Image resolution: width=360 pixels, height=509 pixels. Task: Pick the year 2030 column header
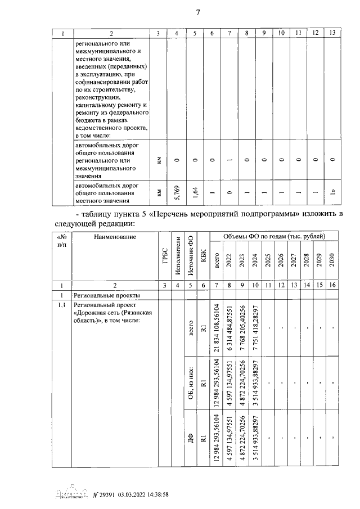point(332,262)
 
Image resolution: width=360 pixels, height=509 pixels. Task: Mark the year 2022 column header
point(229,262)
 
